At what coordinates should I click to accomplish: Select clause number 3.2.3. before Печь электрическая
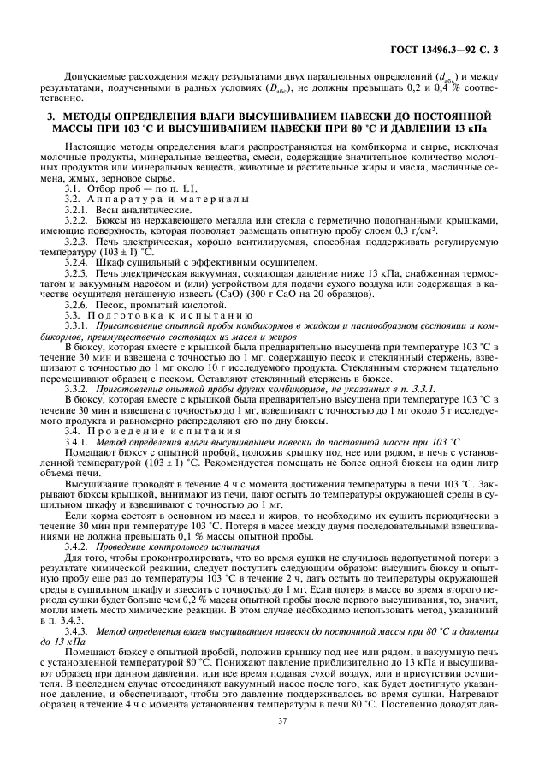pyautogui.click(x=80, y=242)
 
